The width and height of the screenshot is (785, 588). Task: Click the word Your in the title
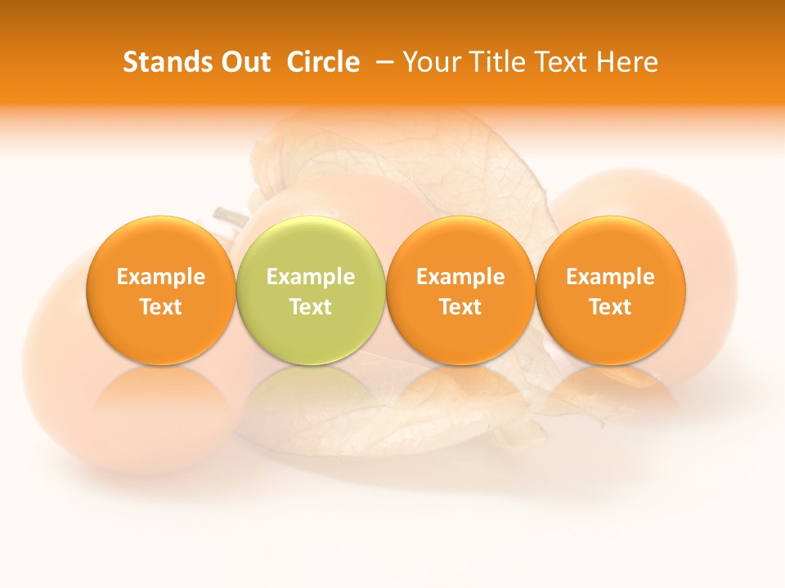430,62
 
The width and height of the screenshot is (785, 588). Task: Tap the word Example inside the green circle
310,277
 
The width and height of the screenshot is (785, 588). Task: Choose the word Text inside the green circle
310,307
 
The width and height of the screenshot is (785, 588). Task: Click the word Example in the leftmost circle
160,277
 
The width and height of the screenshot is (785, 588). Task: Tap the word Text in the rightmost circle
610,307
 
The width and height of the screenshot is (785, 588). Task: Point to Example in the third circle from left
460,277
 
